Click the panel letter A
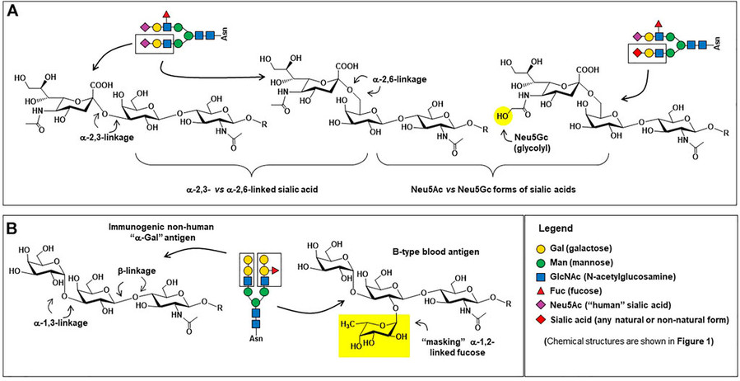point(12,10)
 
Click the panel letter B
point(12,225)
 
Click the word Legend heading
point(561,228)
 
